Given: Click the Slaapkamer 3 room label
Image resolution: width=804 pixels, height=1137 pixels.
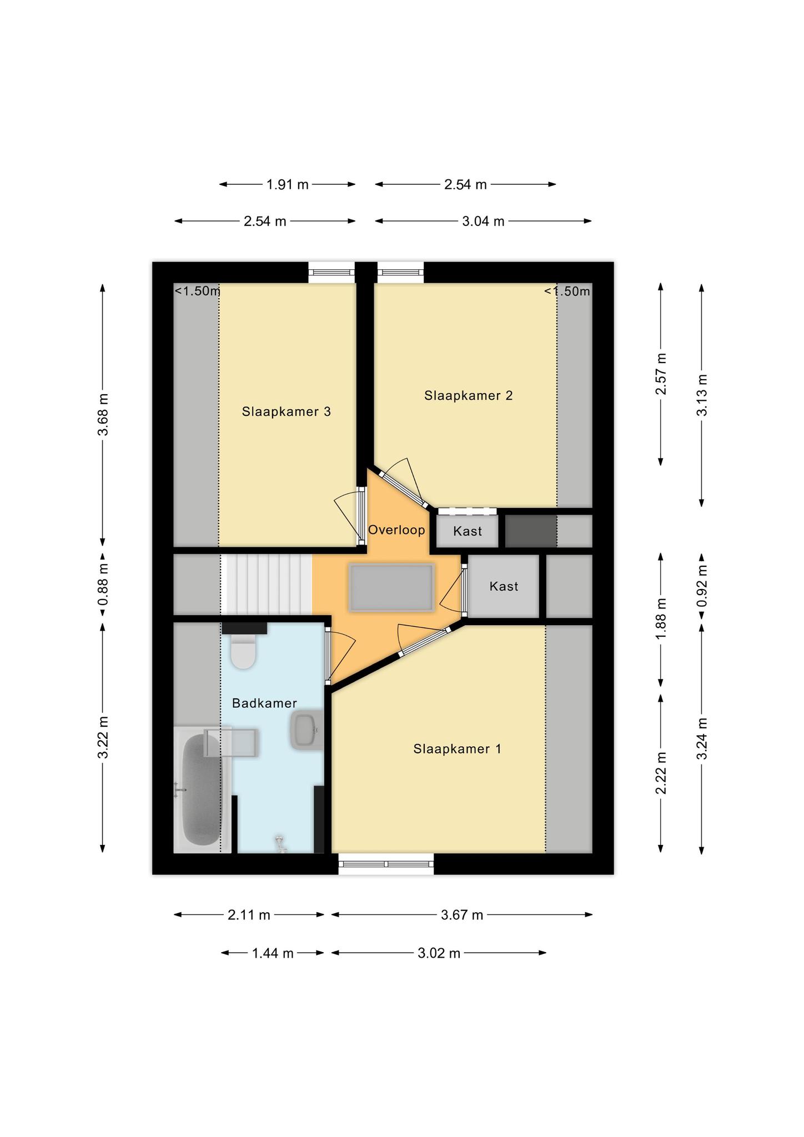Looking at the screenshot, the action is click(286, 411).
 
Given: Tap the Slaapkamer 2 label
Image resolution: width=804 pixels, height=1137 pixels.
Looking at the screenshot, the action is click(468, 395).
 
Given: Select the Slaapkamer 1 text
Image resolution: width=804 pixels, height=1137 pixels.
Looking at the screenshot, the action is click(457, 749).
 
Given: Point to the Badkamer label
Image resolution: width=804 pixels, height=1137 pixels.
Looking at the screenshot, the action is click(264, 703).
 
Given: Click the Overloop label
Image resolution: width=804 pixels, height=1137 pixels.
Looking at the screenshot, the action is click(396, 530).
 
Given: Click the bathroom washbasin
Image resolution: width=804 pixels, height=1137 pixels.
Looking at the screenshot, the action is click(306, 729).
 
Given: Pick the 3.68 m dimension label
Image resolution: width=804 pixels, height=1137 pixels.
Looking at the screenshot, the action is click(103, 415).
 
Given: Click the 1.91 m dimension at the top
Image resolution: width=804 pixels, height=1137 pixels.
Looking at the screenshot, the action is click(287, 184).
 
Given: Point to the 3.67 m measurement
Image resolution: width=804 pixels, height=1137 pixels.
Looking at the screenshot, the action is click(462, 914).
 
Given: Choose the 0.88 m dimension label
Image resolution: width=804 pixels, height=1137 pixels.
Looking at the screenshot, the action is click(103, 584).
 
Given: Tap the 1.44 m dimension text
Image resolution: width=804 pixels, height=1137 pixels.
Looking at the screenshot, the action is click(273, 953).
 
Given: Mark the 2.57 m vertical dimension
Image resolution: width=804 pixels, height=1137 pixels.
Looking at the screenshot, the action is click(661, 374).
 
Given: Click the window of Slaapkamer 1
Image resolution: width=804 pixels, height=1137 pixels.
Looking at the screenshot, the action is click(386, 863).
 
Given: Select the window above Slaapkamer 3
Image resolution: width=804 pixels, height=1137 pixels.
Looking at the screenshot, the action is click(331, 272).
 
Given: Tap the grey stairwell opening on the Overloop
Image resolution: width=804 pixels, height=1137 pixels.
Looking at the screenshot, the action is click(391, 587).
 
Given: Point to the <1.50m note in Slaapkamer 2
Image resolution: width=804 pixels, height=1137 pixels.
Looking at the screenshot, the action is click(567, 291).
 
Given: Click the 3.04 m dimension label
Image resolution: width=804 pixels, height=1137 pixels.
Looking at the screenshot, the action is click(483, 222).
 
